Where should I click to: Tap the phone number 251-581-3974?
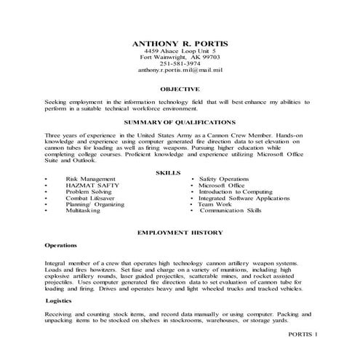tap(179, 63)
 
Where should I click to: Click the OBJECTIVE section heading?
tap(180, 89)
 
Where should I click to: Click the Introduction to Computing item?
tap(236, 191)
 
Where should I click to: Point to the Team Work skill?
tap(217, 204)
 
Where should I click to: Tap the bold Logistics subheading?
tap(58, 300)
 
